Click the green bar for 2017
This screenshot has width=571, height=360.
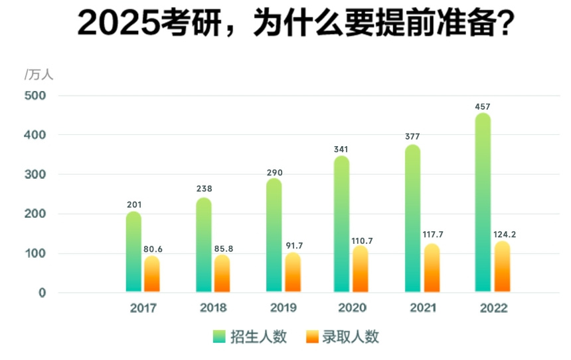pos(133,252)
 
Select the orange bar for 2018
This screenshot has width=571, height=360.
pos(222,274)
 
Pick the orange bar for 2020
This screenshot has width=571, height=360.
pos(360,269)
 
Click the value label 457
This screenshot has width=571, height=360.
pos(483,107)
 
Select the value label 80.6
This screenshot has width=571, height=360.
pos(153,249)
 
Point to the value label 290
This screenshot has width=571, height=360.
pos(274,173)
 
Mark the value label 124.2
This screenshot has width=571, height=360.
pos(503,234)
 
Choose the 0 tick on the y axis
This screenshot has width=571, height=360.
pos(42,293)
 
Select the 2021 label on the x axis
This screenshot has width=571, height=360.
pos(423,308)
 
